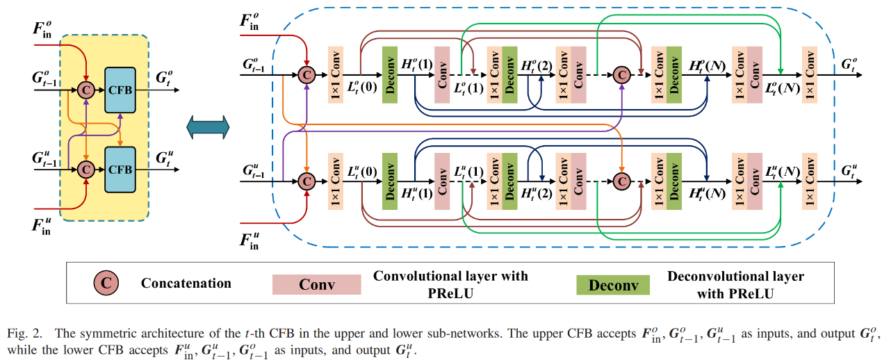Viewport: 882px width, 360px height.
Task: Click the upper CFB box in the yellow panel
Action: coord(120,89)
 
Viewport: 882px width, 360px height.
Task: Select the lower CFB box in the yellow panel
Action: coord(120,169)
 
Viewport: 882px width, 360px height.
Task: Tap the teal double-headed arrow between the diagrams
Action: coord(208,128)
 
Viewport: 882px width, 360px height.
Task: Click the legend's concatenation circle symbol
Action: coord(107,283)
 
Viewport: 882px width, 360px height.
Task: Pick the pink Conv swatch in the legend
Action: coord(316,284)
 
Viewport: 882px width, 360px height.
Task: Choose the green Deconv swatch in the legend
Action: coord(612,284)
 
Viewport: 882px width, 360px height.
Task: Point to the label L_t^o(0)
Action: coord(362,87)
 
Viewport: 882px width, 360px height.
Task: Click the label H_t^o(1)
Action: coord(417,64)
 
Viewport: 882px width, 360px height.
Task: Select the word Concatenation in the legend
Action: coord(186,283)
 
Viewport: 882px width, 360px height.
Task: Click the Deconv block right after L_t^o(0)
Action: coord(389,74)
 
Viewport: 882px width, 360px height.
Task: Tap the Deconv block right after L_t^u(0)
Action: coord(389,181)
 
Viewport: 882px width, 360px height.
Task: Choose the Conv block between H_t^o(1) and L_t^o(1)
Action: coord(442,74)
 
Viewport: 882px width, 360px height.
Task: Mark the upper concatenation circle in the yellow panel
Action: coord(86,89)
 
